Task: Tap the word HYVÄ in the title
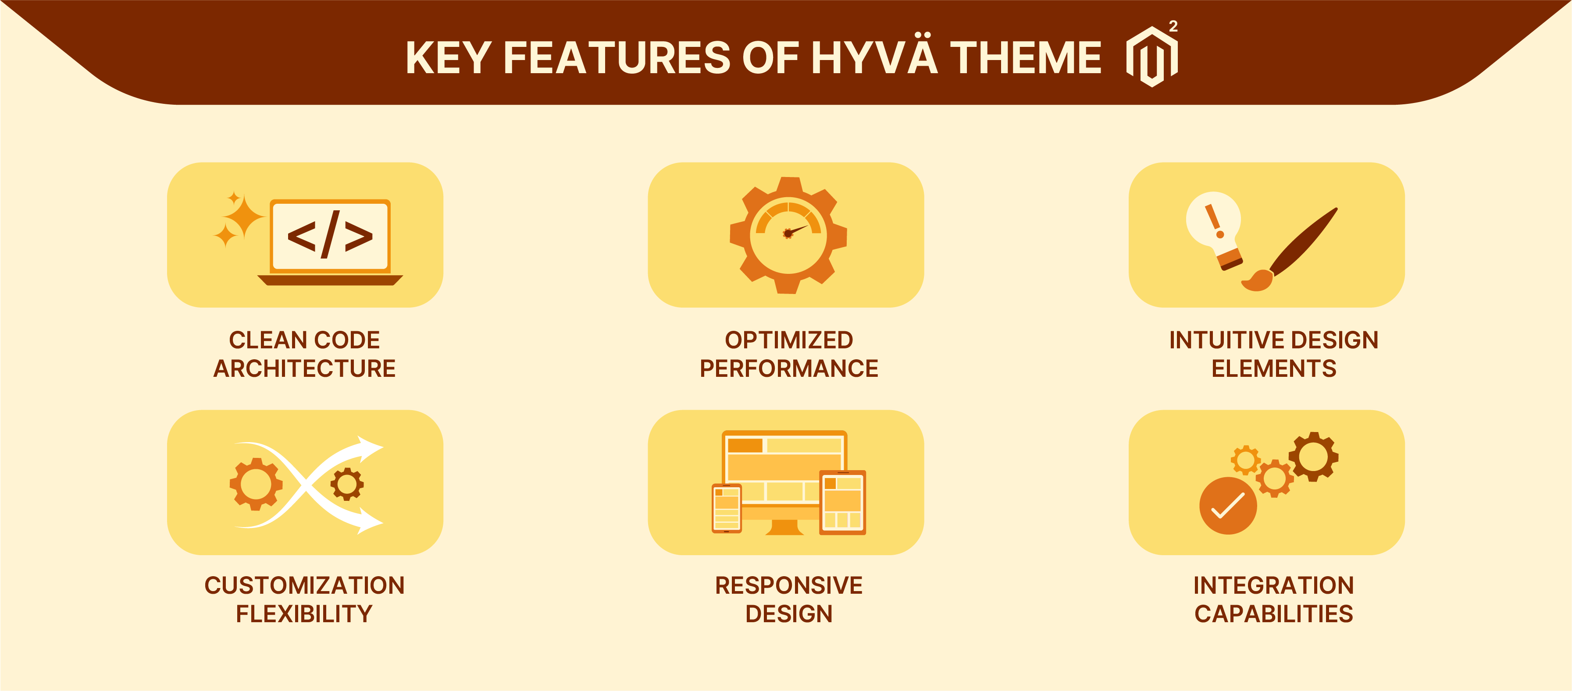tap(873, 58)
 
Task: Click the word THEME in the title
tap(1025, 58)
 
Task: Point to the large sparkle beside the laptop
tap(243, 216)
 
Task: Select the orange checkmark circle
tap(1227, 506)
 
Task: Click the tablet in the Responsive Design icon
tap(842, 502)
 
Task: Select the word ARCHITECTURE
tap(304, 369)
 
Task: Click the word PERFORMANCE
tap(788, 369)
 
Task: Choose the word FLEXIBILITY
tap(304, 613)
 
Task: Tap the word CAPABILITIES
tap(1273, 613)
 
